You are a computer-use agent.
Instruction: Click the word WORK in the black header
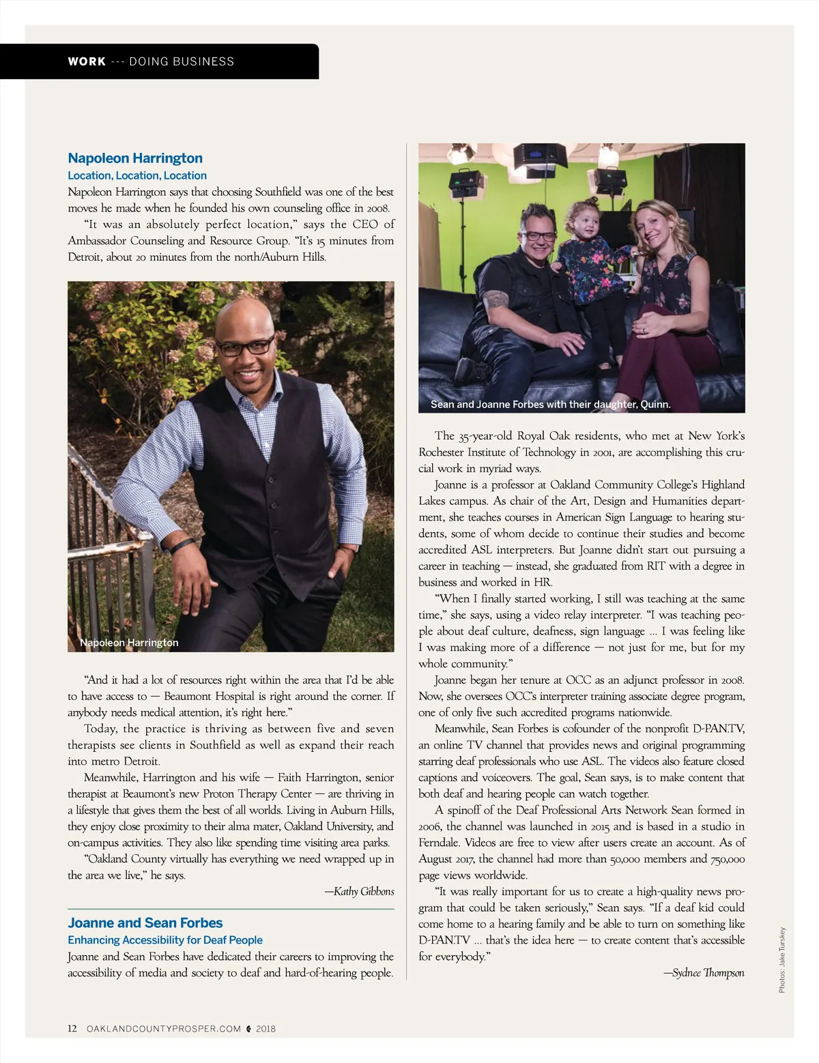click(87, 61)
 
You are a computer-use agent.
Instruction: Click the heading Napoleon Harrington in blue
click(135, 158)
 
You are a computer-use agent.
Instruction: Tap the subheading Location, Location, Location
click(137, 175)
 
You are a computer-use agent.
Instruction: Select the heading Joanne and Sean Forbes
click(145, 923)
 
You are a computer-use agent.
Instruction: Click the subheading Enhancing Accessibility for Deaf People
click(165, 940)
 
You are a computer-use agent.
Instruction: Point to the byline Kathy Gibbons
click(360, 892)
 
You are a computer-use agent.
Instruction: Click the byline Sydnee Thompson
click(704, 973)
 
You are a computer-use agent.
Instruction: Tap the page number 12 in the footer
click(72, 1029)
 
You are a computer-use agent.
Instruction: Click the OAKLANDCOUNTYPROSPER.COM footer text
click(164, 1029)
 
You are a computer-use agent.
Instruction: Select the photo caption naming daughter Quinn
click(550, 405)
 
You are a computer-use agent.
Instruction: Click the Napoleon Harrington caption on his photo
click(129, 643)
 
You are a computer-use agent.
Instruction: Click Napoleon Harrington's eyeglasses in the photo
click(246, 347)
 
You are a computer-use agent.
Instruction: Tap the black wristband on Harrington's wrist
click(182, 546)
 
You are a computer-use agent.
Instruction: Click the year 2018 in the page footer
click(265, 1029)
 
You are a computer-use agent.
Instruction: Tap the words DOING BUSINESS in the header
click(182, 61)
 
